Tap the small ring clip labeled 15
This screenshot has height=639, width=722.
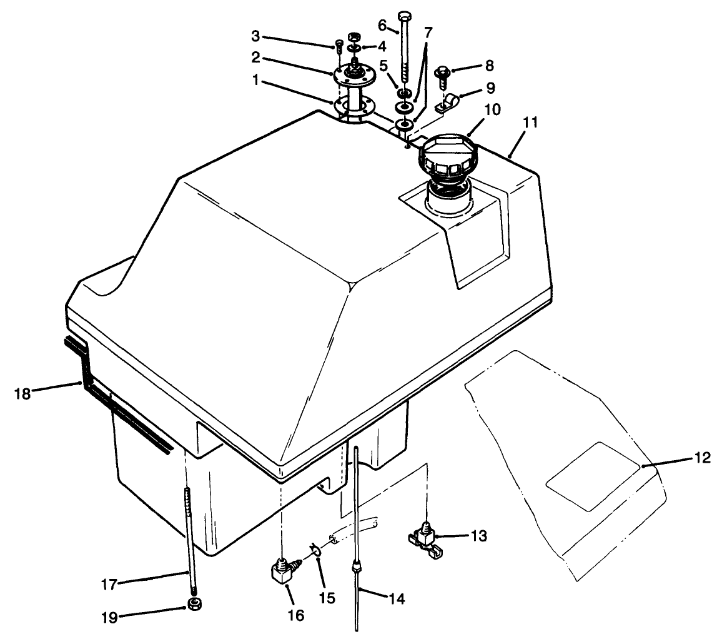pyautogui.click(x=314, y=549)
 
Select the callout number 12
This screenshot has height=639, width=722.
pyautogui.click(x=702, y=458)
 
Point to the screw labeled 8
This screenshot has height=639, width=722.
pyautogui.click(x=448, y=76)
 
